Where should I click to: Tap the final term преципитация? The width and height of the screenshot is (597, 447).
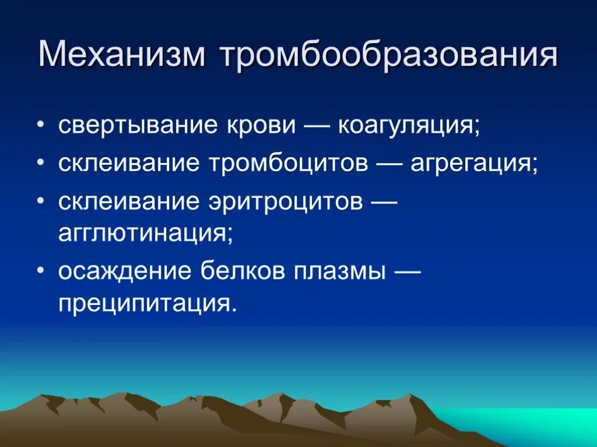click(x=149, y=304)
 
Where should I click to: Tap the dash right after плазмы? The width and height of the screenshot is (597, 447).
click(x=408, y=271)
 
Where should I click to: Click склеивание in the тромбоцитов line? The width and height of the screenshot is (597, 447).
click(x=129, y=164)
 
